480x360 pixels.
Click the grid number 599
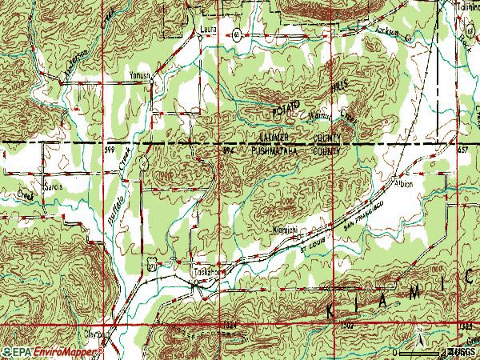coord(109,150)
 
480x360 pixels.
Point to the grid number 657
coord(462,150)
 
